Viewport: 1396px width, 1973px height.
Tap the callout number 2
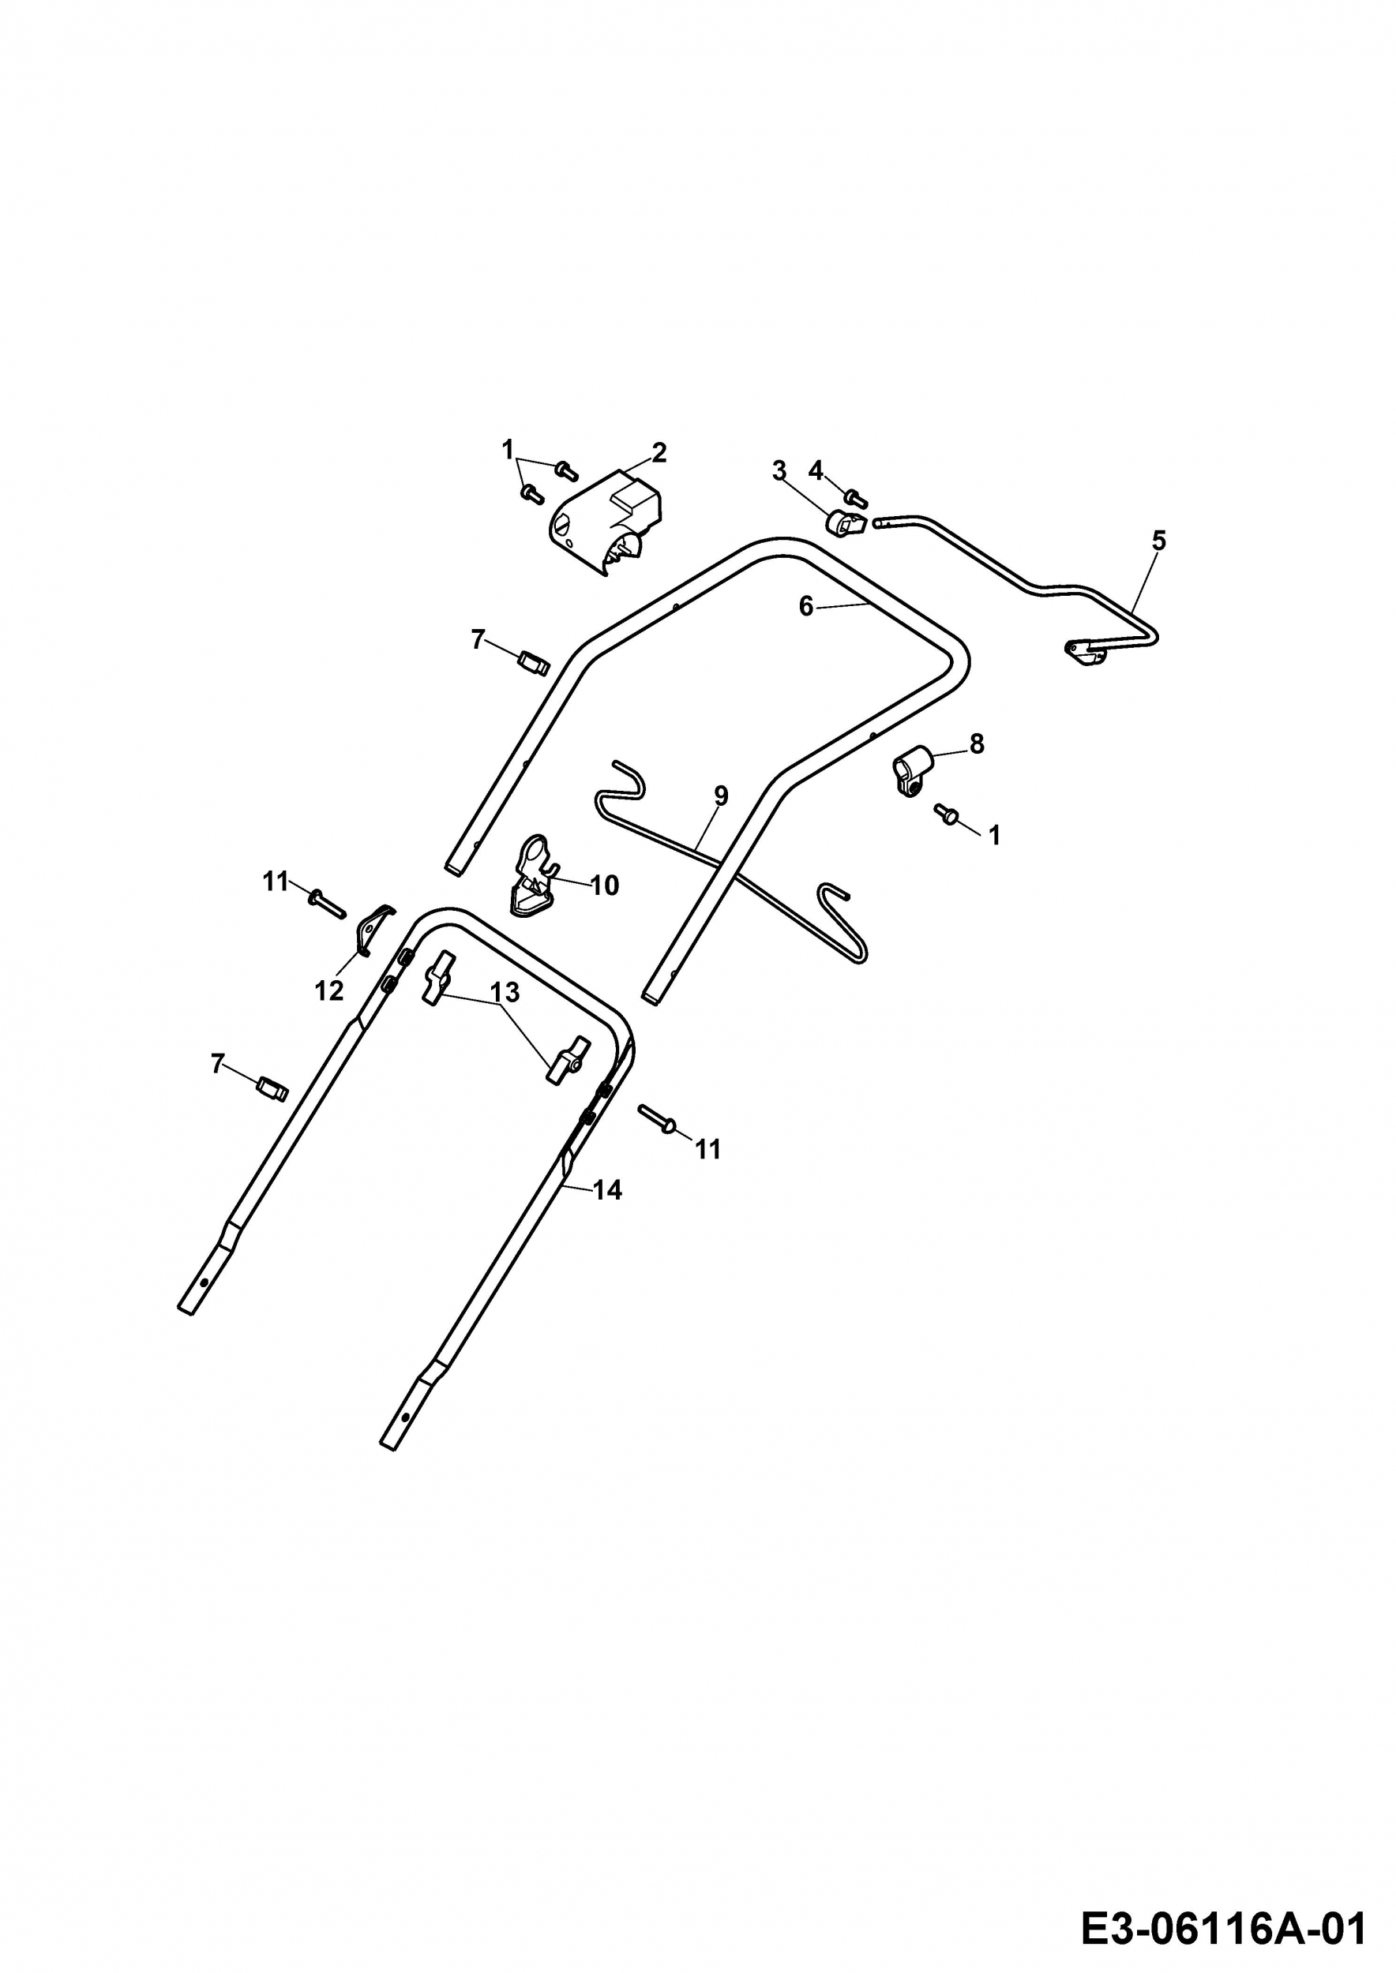coord(659,452)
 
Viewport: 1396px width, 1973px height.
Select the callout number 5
coord(1159,541)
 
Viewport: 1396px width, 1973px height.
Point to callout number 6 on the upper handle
coord(805,607)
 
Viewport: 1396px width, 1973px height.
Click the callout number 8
coord(977,744)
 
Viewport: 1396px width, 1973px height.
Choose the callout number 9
coord(721,796)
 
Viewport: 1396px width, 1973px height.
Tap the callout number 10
coord(605,885)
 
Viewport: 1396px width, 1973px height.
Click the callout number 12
coord(329,990)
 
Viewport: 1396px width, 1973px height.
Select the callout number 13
coord(505,993)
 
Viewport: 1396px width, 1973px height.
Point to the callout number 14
coord(607,1190)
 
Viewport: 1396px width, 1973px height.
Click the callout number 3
coord(779,471)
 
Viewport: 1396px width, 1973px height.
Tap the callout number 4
coord(816,470)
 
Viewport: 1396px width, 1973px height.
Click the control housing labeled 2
coord(607,522)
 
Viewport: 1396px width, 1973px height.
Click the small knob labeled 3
coord(844,522)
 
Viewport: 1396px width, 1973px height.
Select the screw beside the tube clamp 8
coord(948,814)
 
